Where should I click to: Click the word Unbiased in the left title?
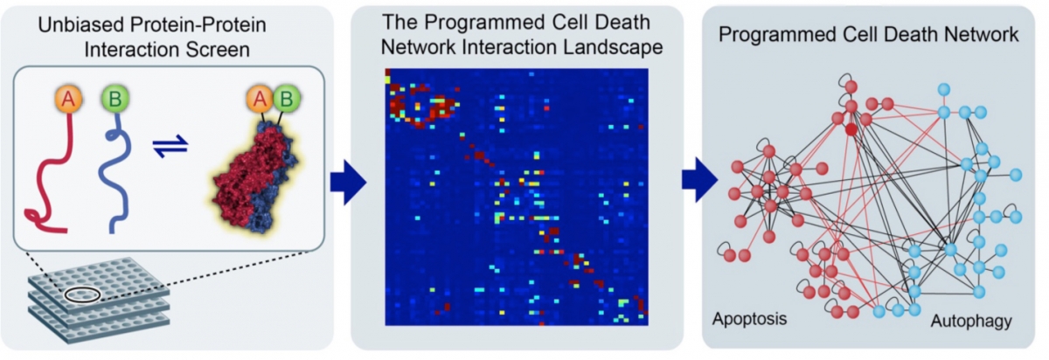81,24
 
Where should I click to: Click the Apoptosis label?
749,319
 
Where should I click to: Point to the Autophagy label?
971,322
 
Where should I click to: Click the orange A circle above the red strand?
68,99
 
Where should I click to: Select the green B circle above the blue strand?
115,99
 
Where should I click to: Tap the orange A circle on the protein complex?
261,99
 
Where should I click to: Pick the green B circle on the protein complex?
287,99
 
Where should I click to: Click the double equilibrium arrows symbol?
170,147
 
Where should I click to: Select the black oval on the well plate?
82,294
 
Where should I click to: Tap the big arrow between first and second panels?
348,183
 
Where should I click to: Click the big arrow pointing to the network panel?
699,180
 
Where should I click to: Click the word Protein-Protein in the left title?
198,24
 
